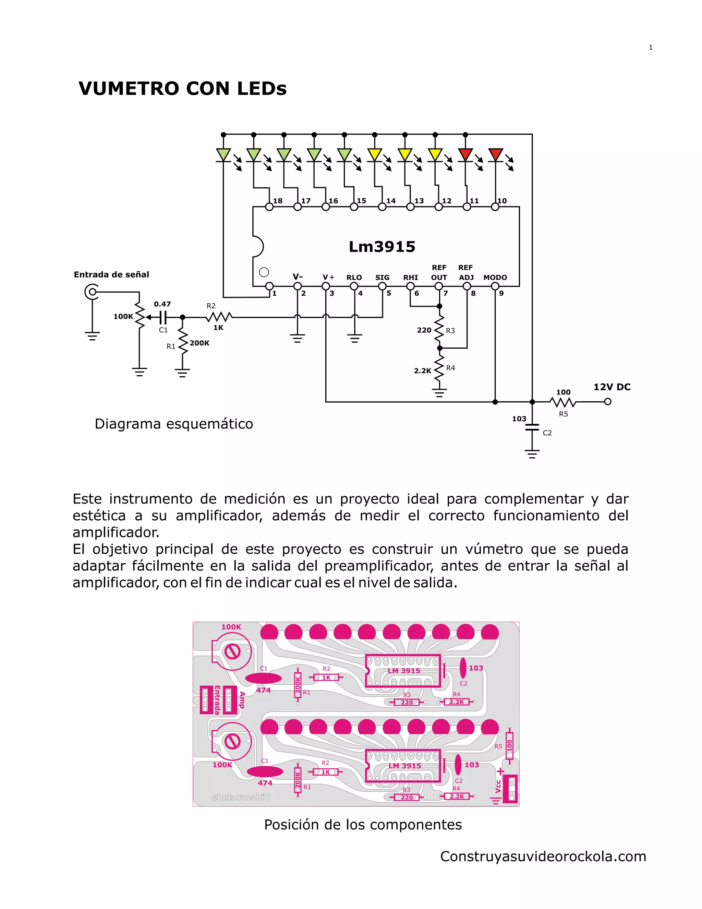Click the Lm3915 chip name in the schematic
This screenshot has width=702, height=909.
[382, 247]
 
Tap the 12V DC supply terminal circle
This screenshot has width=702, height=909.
[608, 402]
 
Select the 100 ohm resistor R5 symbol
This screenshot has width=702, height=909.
[563, 402]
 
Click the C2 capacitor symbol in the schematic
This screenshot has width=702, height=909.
[532, 427]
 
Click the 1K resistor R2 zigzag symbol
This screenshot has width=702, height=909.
[219, 317]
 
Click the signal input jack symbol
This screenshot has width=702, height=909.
[92, 292]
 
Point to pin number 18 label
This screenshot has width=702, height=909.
[278, 201]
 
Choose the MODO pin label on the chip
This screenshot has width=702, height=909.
[495, 277]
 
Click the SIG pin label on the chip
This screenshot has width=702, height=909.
[382, 277]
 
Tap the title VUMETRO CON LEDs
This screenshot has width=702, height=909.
[183, 88]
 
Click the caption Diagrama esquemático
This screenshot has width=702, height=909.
[174, 424]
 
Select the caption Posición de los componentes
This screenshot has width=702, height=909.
[363, 825]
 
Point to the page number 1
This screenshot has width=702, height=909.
[651, 47]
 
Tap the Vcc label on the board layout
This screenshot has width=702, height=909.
[498, 786]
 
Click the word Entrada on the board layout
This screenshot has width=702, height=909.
[217, 700]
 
